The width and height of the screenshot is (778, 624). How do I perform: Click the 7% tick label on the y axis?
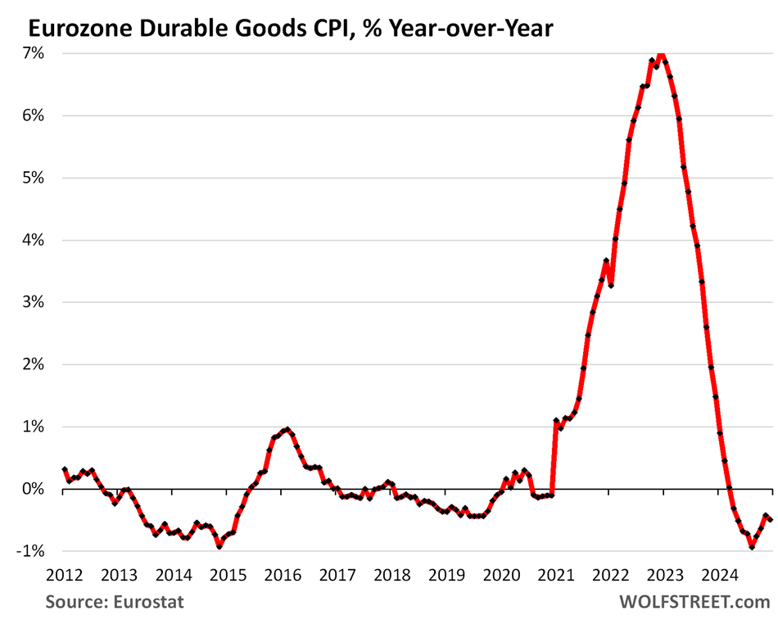34,52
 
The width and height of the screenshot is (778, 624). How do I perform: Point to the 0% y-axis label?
34,489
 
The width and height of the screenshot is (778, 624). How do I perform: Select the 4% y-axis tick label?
34,240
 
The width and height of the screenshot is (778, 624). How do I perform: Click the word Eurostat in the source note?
148,603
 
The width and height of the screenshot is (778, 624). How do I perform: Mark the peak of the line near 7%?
661,55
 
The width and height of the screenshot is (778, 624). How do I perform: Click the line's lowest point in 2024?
752,546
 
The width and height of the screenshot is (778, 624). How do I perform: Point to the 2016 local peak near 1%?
286,429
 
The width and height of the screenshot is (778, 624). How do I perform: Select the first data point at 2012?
65,469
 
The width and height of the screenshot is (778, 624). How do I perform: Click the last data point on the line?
770,519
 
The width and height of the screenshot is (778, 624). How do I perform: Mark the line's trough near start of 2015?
219,546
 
